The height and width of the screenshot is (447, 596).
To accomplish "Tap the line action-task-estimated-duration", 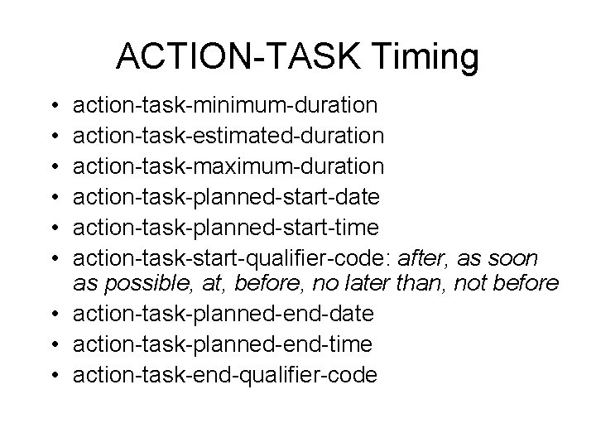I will (228, 136).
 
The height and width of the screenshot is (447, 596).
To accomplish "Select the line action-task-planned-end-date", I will (223, 315).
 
